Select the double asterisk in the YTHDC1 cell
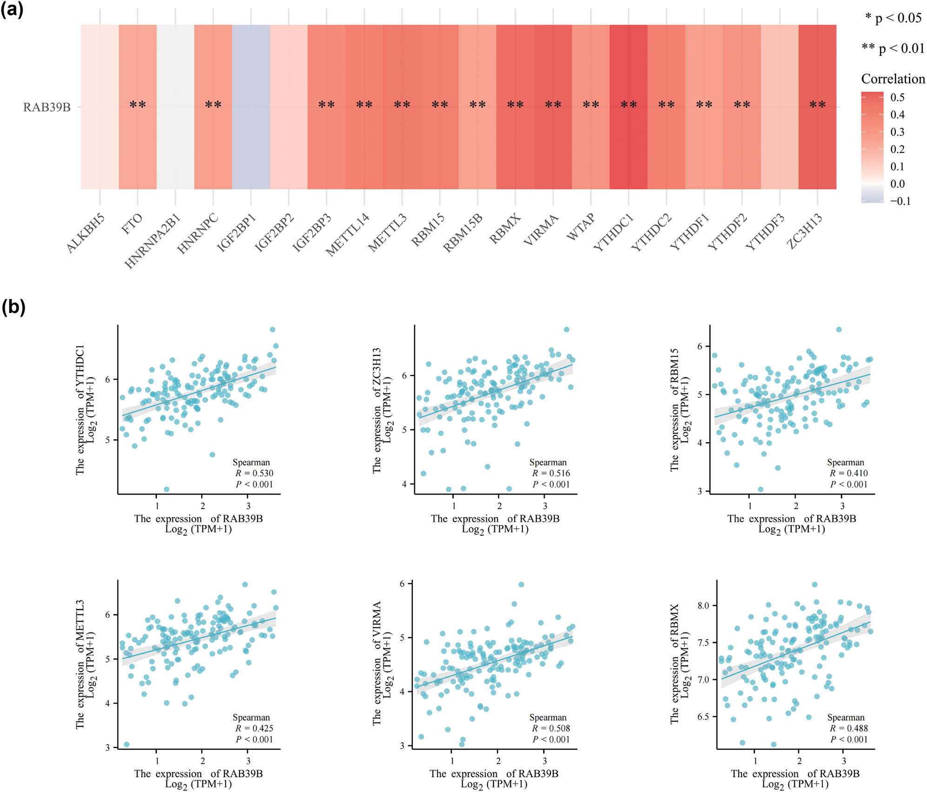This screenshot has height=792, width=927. (629, 105)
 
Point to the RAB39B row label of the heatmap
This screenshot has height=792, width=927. (47, 107)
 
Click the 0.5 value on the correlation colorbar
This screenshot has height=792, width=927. (897, 97)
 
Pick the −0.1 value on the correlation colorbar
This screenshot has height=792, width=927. (900, 201)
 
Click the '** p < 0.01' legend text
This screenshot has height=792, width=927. (893, 48)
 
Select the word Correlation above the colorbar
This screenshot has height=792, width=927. (893, 79)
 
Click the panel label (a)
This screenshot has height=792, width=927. (12, 9)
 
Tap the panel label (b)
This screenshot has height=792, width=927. (13, 307)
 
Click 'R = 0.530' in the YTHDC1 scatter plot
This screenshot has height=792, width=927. (254, 473)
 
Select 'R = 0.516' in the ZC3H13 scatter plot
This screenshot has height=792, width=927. (551, 473)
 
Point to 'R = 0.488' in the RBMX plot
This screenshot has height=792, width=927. (848, 728)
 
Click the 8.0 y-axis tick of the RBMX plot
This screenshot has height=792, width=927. (703, 606)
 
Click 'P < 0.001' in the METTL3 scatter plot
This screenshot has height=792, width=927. (254, 739)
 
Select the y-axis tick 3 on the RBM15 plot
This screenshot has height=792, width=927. (700, 491)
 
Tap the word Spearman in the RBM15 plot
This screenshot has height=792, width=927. (845, 462)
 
